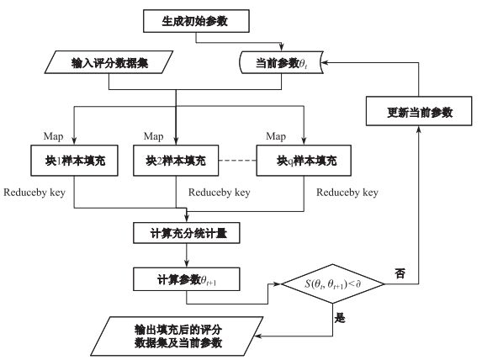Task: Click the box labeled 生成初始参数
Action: pos(196,21)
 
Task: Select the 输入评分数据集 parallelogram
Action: pos(109,62)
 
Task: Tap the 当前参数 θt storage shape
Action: pos(281,62)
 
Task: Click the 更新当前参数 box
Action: pos(419,111)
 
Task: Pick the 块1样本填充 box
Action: pos(74,161)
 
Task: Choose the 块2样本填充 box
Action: pos(176,161)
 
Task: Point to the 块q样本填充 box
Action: pos(304,161)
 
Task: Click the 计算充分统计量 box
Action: pos(187,233)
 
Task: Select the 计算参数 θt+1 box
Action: pos(187,279)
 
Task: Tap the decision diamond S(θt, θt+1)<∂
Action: pos(333,283)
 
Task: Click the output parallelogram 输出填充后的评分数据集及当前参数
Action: pos(177,336)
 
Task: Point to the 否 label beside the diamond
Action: pos(400,273)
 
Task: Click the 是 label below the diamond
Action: pos(340,318)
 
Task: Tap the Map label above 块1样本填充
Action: pos(54,136)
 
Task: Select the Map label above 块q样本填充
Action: pos(276,136)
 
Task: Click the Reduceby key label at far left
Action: pos(34,193)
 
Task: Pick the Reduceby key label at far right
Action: pos(347,193)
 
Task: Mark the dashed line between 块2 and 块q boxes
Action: pos(237,161)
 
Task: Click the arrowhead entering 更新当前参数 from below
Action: pos(419,130)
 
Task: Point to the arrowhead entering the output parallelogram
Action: pos(259,336)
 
